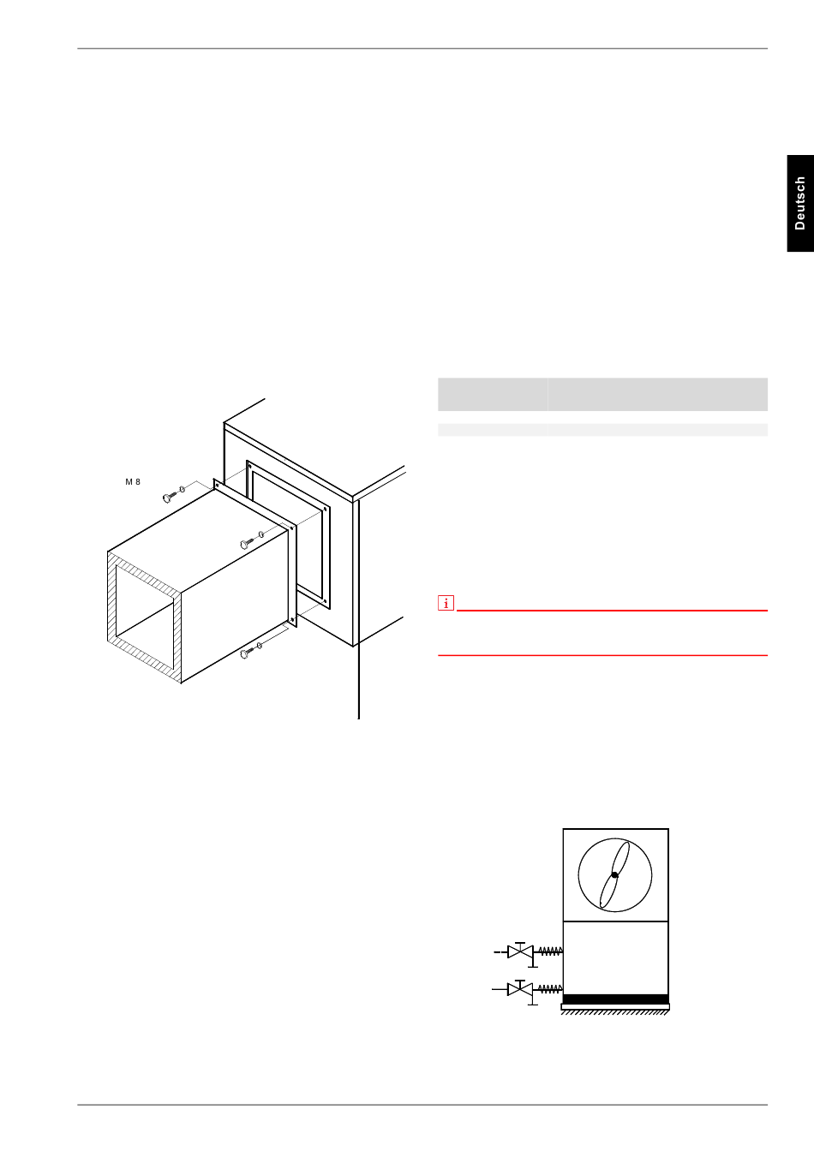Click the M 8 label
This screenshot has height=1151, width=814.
click(133, 482)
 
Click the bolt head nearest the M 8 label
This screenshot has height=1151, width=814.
click(166, 498)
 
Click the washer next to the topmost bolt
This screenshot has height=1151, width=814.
click(182, 489)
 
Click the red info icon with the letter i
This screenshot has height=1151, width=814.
click(446, 603)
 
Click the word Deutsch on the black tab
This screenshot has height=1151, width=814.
click(800, 203)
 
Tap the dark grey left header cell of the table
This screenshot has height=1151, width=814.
click(494, 394)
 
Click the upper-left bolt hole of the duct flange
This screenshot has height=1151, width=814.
click(217, 484)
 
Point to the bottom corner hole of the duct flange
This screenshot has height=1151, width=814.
click(292, 619)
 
